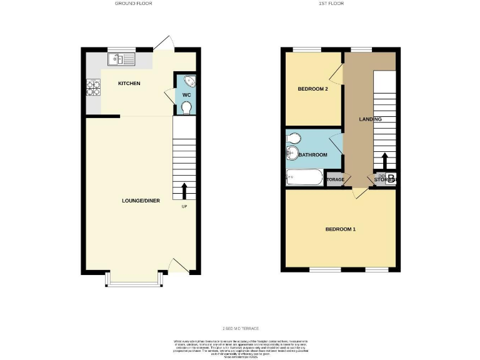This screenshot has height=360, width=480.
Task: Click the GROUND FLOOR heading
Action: (133, 4)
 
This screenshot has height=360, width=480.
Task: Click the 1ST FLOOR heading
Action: (331, 4)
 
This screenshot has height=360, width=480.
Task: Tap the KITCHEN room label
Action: (129, 83)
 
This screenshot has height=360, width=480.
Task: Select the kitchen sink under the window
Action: (121, 60)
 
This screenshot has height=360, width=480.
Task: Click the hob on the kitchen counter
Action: (94, 87)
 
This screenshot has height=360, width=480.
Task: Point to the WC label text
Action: (186, 95)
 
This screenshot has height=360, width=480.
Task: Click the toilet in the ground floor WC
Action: (186, 107)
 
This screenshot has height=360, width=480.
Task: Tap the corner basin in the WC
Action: (190, 82)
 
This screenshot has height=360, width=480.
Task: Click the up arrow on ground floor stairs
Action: (184, 191)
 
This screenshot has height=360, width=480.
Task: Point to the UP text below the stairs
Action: (184, 206)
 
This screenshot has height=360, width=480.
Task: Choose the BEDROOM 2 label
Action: (312, 89)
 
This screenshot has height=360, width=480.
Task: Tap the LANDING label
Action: (370, 119)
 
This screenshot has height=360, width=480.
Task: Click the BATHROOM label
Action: (312, 154)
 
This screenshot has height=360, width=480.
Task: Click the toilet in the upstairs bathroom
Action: (294, 138)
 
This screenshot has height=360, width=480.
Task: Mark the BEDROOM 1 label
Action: (341, 229)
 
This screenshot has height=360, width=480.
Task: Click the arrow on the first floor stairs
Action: (384, 161)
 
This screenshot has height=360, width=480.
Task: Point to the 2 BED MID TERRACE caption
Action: (241, 329)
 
